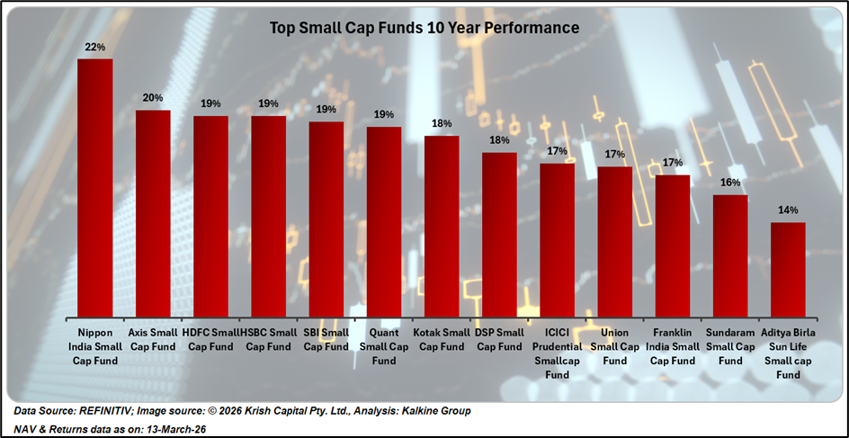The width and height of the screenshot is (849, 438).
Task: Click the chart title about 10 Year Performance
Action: [424, 28]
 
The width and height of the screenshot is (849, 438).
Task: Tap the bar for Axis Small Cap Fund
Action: [153, 211]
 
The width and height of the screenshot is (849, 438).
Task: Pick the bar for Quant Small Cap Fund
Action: [384, 219]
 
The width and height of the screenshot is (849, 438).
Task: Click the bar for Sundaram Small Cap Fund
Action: [730, 254]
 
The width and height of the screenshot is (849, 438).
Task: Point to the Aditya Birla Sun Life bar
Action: [788, 267]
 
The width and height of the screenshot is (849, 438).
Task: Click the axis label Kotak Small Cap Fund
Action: [442, 340]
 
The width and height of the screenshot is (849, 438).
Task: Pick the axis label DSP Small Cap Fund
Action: [499, 340]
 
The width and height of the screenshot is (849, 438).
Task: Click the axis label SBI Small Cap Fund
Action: [326, 340]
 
